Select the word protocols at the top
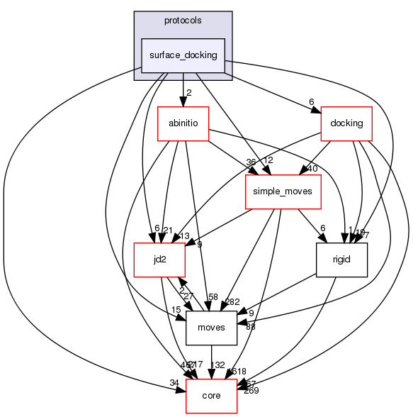tap(183, 21)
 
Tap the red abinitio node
tap(183, 123)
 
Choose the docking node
tap(346, 123)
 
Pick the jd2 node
tap(160, 260)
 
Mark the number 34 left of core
tap(174, 383)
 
